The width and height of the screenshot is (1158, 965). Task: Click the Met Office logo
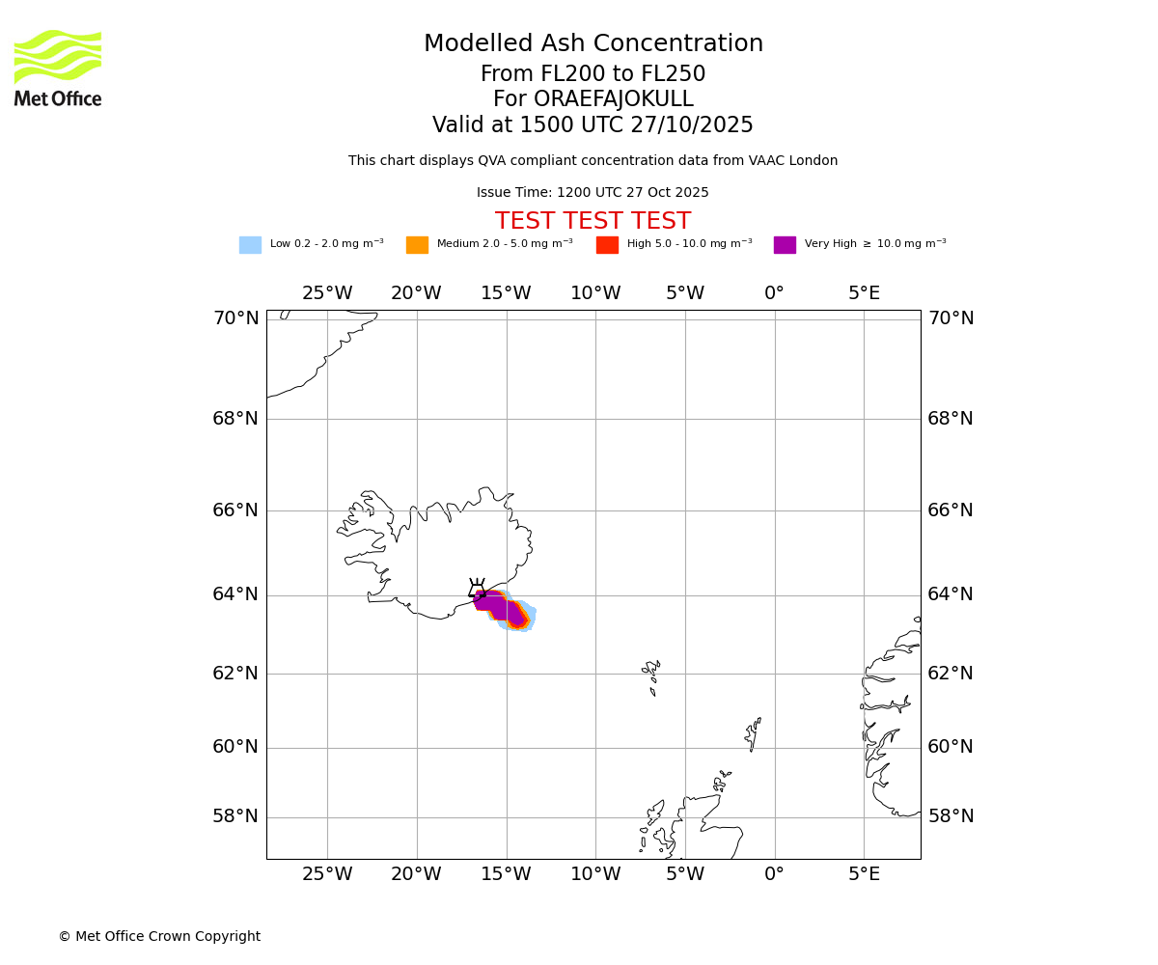coord(58,68)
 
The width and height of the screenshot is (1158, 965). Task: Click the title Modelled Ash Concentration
coord(593,44)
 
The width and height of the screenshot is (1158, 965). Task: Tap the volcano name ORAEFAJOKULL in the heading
coord(593,99)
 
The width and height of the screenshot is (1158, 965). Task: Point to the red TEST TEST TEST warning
coord(593,221)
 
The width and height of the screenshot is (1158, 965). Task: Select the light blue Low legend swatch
coord(250,245)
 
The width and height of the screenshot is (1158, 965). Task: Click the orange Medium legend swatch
coord(417,245)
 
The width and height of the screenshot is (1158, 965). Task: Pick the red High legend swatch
coord(607,245)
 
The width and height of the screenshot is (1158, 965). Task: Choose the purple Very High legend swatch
coord(785,245)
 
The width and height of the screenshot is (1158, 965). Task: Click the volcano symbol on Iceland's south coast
coord(477,589)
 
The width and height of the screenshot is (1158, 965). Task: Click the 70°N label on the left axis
coord(235,318)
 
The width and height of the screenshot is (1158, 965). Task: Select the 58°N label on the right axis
coord(951,816)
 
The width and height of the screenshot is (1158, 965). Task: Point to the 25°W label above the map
coord(327,293)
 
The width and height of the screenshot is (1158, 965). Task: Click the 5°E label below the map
coord(864,874)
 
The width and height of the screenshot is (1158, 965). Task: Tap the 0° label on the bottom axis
coord(774,874)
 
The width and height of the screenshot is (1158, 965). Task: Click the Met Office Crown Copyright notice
coord(159,936)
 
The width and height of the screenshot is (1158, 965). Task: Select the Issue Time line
coord(593,193)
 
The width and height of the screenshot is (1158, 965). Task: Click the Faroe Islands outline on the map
coord(651,674)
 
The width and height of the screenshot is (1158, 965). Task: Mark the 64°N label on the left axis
coord(235,594)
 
